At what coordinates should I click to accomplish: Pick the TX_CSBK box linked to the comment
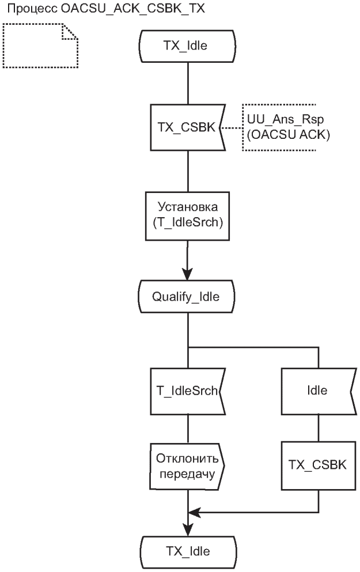(x=186, y=127)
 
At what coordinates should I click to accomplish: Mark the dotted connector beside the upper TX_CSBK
(x=232, y=128)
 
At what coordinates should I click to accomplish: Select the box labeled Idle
(x=317, y=390)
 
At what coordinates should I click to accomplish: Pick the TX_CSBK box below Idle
(x=317, y=465)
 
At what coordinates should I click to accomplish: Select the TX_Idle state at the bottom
(x=188, y=551)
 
